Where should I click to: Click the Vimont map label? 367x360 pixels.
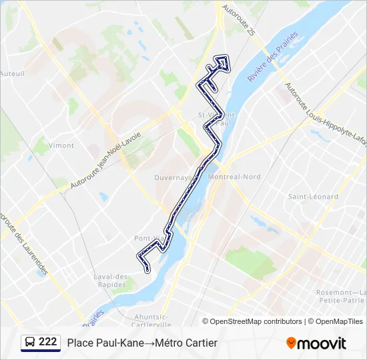(x=61, y=145)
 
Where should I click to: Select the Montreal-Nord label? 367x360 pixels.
(x=234, y=177)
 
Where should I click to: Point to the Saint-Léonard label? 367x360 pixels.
(x=313, y=197)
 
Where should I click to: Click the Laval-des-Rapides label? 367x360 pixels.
(x=111, y=281)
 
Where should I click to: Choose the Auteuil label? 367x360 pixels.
(x=12, y=73)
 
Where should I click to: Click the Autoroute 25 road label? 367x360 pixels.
(x=238, y=21)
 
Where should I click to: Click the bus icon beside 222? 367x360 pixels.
(x=29, y=343)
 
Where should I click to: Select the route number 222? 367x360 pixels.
(x=48, y=342)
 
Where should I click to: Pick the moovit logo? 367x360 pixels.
(x=316, y=343)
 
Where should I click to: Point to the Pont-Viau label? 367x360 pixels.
(x=149, y=238)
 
